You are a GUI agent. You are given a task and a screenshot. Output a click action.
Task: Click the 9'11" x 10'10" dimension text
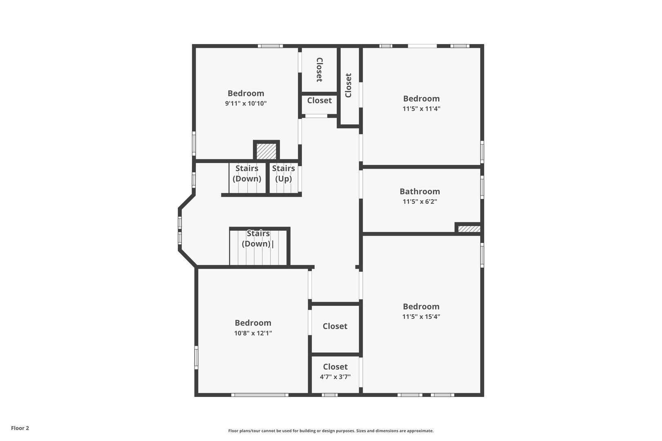point(246,103)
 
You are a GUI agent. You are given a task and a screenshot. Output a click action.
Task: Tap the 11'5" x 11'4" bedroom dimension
point(421,109)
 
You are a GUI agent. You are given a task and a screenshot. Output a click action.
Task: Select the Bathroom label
point(420,192)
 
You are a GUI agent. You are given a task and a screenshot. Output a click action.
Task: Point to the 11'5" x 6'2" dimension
point(420,201)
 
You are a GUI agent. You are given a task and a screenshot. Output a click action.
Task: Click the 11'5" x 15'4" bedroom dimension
point(421,316)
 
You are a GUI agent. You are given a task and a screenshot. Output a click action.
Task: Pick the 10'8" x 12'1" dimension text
point(253,333)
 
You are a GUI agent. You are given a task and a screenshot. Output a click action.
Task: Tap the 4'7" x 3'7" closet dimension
point(335,377)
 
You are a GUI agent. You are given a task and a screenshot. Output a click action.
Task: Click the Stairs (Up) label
point(284,174)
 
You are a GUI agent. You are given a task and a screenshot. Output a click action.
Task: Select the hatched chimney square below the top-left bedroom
point(266,151)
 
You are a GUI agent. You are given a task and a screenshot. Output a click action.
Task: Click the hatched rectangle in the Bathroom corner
point(469,229)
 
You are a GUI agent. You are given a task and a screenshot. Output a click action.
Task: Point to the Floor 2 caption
point(20,428)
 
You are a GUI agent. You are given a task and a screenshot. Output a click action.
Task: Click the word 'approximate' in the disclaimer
point(420,431)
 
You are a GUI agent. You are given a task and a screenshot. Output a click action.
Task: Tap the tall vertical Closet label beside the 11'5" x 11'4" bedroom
point(348,85)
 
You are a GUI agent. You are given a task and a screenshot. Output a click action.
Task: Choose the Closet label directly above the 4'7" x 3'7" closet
point(335,326)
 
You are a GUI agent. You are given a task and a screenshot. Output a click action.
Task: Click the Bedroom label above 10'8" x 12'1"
point(253,323)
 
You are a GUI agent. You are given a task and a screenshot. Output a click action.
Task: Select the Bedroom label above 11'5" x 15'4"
point(421,306)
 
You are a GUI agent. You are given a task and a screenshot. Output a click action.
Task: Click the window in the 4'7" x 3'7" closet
point(329,395)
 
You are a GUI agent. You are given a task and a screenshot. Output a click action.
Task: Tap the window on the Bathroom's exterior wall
point(482,187)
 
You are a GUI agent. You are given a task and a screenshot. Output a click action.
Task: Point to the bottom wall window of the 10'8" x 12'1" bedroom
point(260,395)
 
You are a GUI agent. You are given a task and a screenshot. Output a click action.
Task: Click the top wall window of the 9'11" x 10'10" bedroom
point(270,46)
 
